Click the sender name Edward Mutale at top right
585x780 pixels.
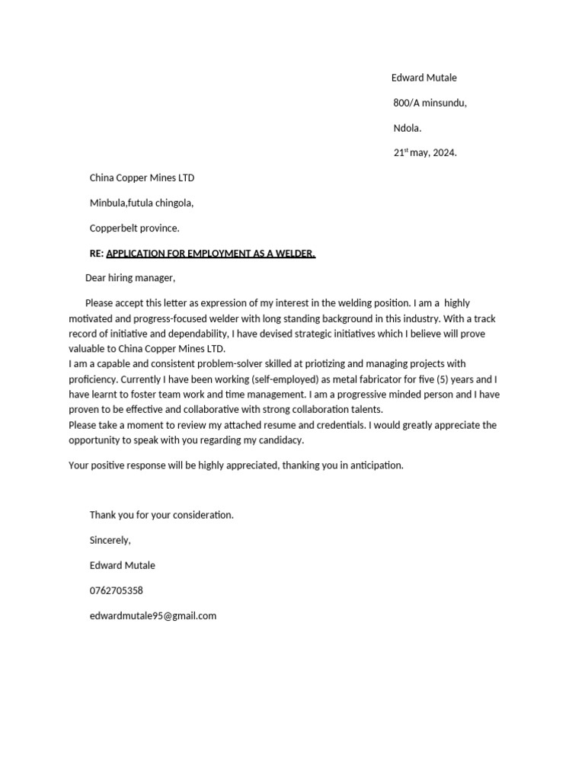pyautogui.click(x=424, y=78)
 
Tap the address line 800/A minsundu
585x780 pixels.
pyautogui.click(x=430, y=103)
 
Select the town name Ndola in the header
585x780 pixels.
pyautogui.click(x=407, y=128)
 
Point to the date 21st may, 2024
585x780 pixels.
pyautogui.click(x=424, y=152)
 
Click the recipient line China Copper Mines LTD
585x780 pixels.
pyautogui.click(x=142, y=177)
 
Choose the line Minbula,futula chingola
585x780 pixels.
pyautogui.click(x=142, y=203)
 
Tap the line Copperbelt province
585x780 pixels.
pyautogui.click(x=134, y=228)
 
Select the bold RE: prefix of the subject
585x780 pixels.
pyautogui.click(x=96, y=253)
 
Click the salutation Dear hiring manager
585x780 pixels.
pyautogui.click(x=129, y=278)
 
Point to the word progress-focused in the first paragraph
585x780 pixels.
pyautogui.click(x=176, y=318)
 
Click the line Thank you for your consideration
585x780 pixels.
pyautogui.click(x=161, y=515)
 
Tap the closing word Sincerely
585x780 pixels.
pyautogui.click(x=110, y=540)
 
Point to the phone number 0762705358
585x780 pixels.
pyautogui.click(x=116, y=590)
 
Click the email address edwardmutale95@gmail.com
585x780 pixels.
pyautogui.click(x=152, y=615)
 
